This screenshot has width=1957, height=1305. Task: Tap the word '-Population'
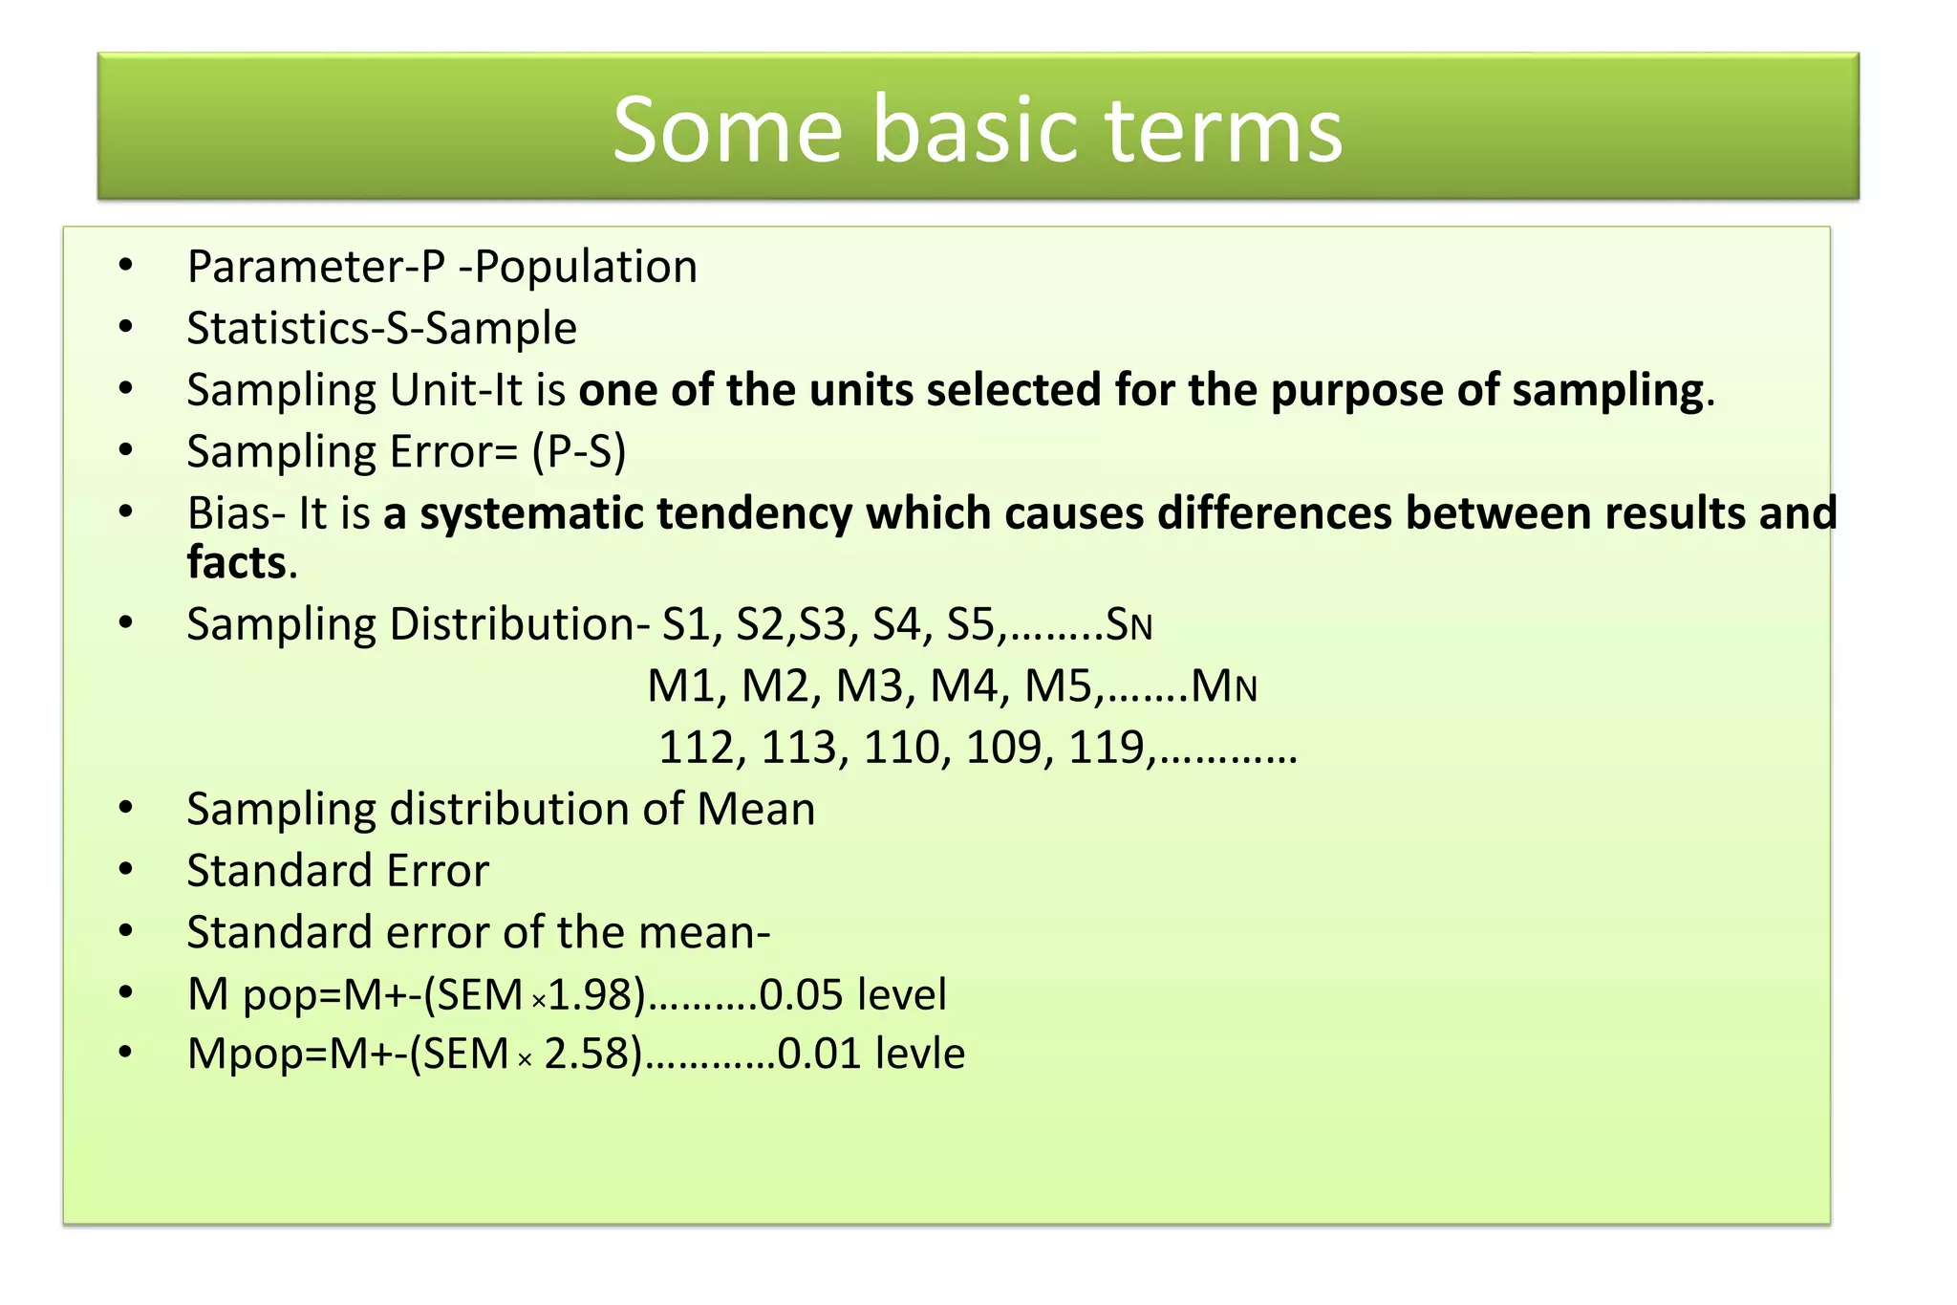(x=578, y=267)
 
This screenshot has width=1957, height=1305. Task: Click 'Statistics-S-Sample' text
(x=381, y=329)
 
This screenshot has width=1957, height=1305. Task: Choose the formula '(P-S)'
(x=579, y=452)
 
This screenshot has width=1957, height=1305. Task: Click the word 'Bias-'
(x=236, y=513)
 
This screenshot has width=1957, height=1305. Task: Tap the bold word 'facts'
(x=236, y=562)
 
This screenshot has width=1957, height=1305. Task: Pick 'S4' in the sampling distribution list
(x=895, y=625)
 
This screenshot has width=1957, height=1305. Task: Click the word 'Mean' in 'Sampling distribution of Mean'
(x=756, y=810)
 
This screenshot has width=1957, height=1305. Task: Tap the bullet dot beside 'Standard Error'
(x=126, y=870)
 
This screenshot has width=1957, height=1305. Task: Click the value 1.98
(x=591, y=995)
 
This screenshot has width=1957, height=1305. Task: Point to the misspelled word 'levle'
(x=920, y=1055)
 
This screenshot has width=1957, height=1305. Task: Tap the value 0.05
(x=801, y=995)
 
